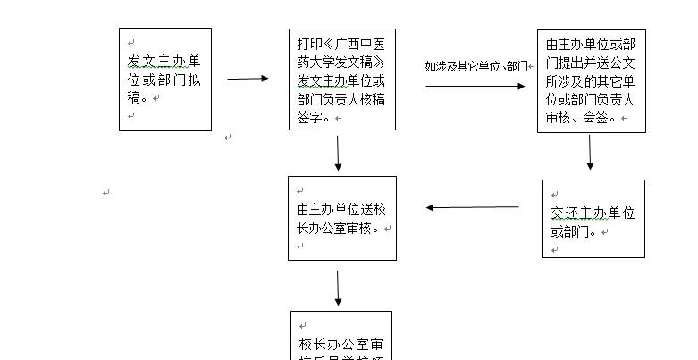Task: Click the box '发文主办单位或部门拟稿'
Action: [x=165, y=79]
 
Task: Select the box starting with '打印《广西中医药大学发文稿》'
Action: [x=342, y=80]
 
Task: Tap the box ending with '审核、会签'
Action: [x=591, y=81]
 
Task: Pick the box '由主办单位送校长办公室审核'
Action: [x=342, y=218]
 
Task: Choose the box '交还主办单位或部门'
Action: [x=593, y=219]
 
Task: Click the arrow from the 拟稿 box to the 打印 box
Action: [x=248, y=79]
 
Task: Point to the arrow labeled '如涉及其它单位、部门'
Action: [x=475, y=87]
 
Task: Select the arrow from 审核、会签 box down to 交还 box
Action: [x=590, y=152]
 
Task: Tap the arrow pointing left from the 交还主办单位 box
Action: [x=473, y=207]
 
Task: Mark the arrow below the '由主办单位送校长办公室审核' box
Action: [x=338, y=288]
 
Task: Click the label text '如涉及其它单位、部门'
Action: [x=476, y=66]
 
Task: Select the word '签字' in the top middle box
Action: [x=309, y=116]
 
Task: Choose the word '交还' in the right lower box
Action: [x=565, y=213]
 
